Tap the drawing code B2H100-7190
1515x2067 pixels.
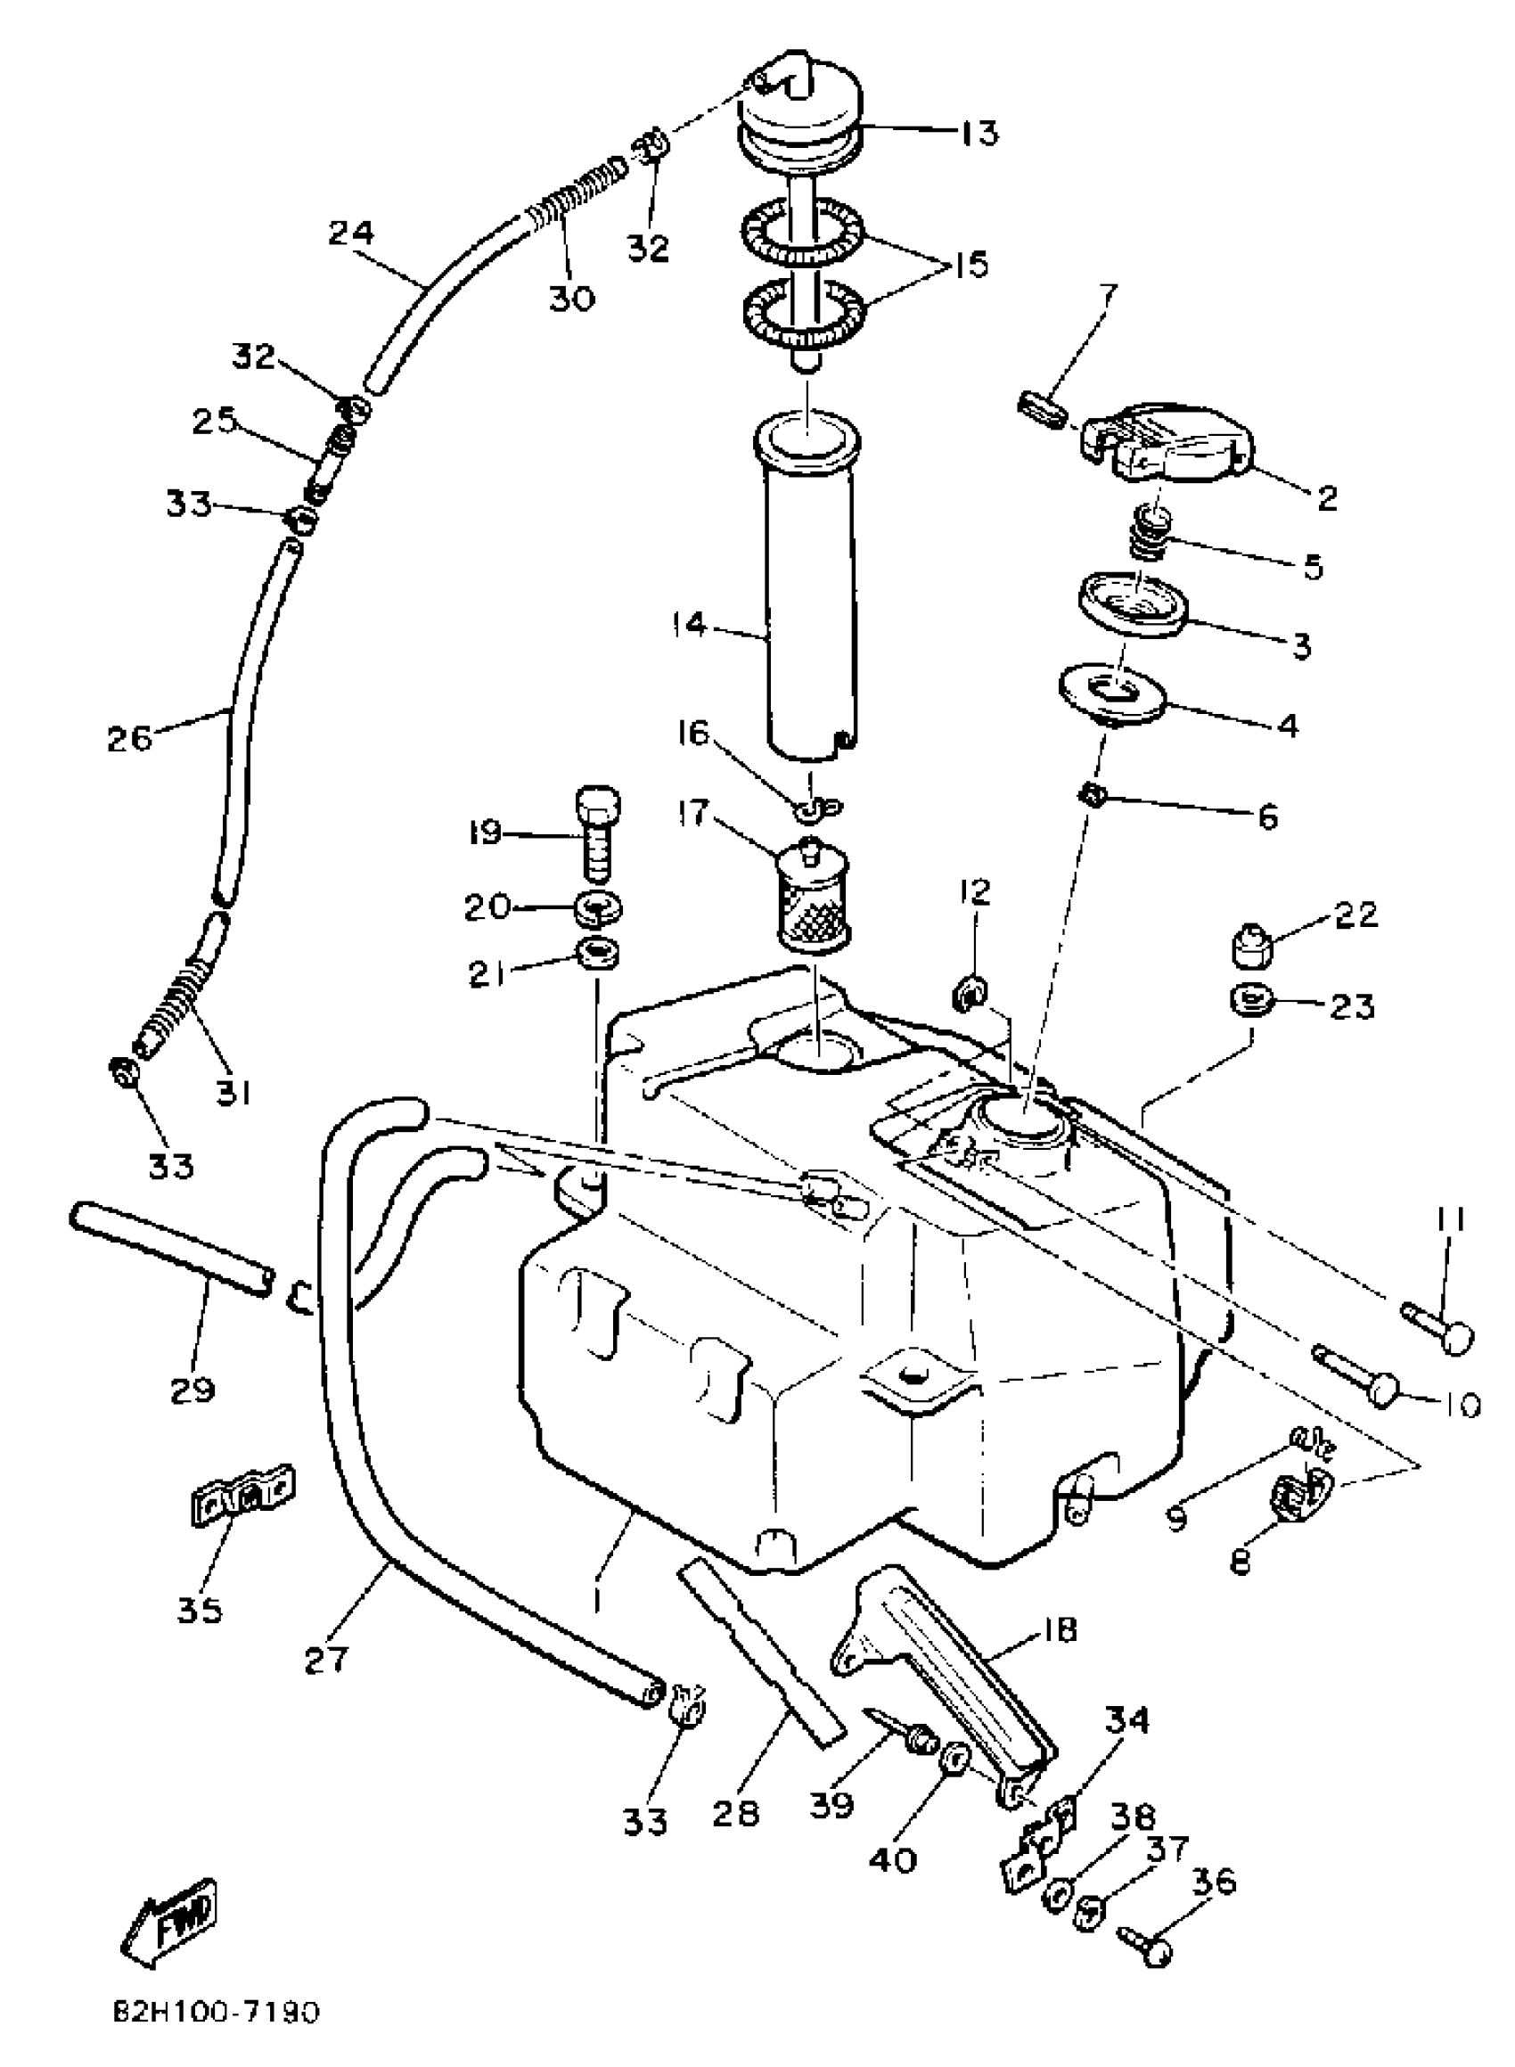[217, 2013]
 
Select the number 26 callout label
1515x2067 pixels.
[129, 737]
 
